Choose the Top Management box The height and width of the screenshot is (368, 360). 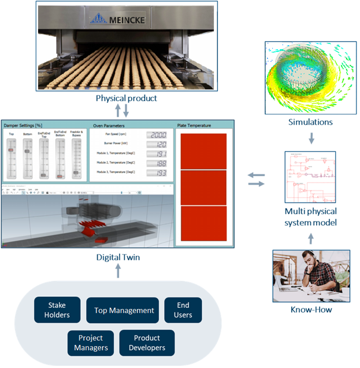(124, 310)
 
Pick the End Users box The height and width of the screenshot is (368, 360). (183, 310)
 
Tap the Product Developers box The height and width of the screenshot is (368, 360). (147, 343)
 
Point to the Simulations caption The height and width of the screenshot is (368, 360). (310, 122)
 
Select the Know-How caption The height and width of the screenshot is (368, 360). (310, 310)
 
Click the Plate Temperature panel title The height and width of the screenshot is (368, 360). (194, 125)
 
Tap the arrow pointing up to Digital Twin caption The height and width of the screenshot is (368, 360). (118, 270)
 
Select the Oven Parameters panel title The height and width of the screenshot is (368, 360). (108, 125)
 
